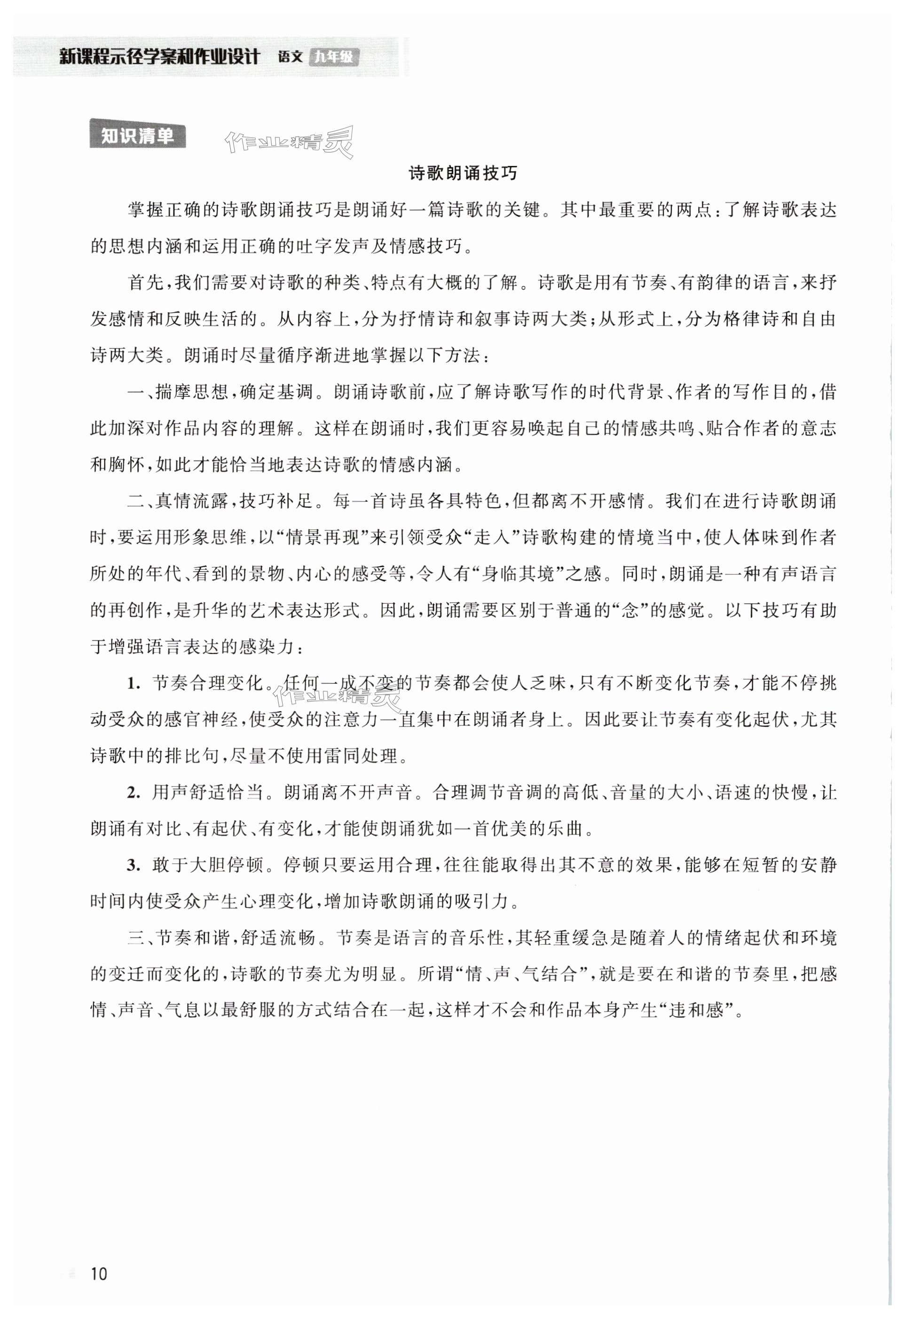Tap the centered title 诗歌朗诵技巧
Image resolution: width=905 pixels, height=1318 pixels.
coord(463,174)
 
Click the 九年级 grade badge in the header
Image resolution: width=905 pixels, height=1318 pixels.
coord(334,57)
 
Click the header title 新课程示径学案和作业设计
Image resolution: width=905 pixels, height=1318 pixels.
coord(159,57)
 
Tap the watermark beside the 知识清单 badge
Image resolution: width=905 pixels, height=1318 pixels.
coord(289,142)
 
